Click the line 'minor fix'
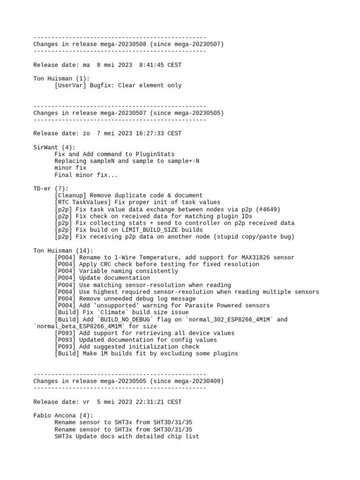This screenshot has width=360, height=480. tap(70, 168)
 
